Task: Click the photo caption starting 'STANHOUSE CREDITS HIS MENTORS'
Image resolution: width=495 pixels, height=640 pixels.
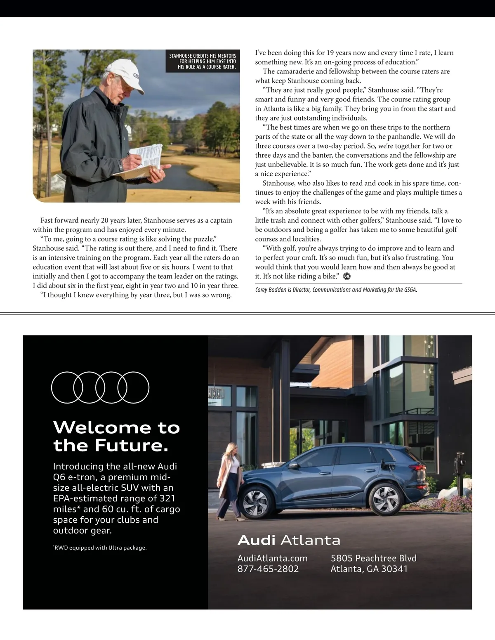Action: pos(203,61)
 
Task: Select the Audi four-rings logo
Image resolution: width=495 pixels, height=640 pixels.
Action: pos(100,387)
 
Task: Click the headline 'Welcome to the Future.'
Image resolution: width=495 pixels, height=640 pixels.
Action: pos(116,436)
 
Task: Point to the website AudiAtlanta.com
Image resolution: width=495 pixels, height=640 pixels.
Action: pos(272,558)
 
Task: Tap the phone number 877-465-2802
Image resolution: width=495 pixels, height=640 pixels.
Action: pos(268,569)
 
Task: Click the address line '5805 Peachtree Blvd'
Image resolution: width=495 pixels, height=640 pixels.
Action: pos(373,558)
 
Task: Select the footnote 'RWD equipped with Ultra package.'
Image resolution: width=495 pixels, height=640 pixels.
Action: pos(100,548)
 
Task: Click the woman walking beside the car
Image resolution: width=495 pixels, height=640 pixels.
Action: pos(230,480)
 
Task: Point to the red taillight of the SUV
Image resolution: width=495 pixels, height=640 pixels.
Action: pos(420,468)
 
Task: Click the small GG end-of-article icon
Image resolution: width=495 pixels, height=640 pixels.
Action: pos(347,276)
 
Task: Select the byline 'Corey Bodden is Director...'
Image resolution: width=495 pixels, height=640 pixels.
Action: pos(336,290)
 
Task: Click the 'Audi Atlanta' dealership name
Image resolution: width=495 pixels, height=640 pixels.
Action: pos(289,540)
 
